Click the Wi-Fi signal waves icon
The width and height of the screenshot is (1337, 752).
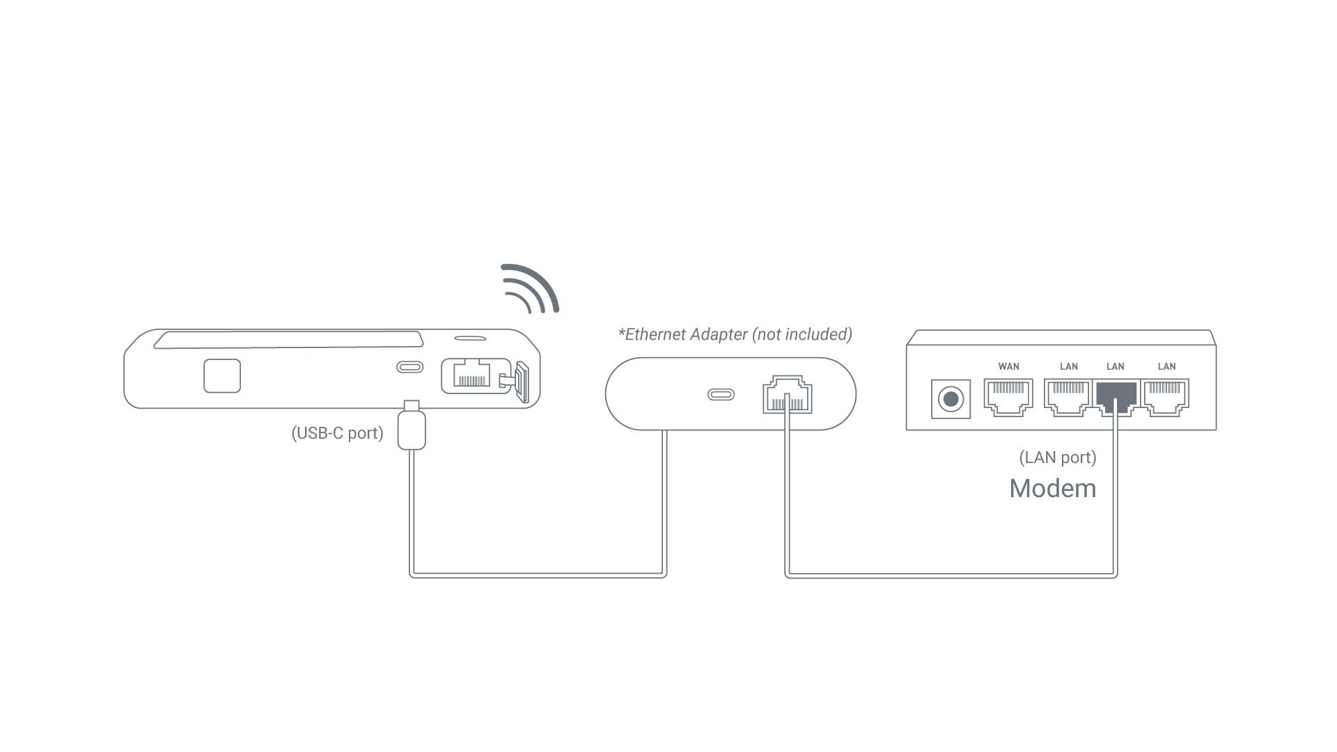531,288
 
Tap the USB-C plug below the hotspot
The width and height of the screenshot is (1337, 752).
412,428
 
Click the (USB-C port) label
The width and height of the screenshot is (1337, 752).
337,433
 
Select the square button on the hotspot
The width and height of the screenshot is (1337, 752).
222,376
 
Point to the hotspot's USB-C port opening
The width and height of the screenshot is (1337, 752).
409,367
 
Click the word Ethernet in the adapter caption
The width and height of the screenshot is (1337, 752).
655,335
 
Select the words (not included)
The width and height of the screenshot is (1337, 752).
802,335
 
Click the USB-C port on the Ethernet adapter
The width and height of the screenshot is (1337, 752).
721,395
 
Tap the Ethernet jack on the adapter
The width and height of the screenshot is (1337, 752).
788,395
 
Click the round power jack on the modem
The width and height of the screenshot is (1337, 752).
951,400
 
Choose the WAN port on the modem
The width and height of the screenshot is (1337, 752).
1008,397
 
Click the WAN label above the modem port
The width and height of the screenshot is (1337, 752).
1008,366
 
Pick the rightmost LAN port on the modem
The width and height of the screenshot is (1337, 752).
1166,397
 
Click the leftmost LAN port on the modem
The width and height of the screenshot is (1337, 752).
1068,397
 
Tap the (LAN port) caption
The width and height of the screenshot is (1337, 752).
1058,457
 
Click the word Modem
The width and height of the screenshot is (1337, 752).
1053,488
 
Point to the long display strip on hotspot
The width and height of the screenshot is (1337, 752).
289,340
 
